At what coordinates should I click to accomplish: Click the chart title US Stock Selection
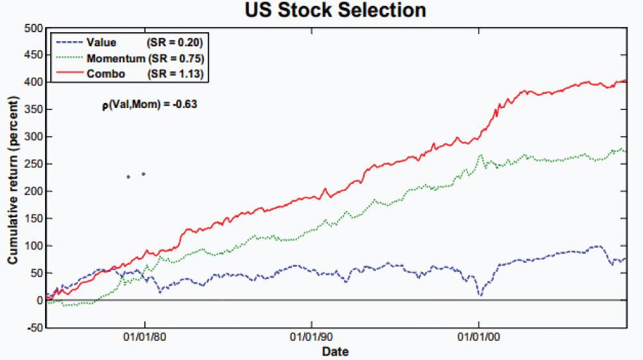click(x=336, y=10)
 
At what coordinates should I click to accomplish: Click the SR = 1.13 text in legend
click(x=176, y=74)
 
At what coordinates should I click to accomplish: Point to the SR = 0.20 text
click(x=175, y=42)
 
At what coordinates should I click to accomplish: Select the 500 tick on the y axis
click(x=33, y=28)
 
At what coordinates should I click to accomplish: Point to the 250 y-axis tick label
click(x=33, y=163)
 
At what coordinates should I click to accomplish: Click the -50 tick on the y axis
click(x=34, y=327)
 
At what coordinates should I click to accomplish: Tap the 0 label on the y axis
click(x=39, y=300)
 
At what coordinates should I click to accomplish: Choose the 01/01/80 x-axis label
click(x=144, y=337)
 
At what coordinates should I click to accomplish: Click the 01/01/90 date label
click(x=311, y=337)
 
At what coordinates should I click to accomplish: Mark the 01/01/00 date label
click(x=479, y=337)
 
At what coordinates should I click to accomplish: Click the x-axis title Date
click(x=336, y=352)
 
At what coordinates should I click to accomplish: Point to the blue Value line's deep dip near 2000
click(x=480, y=294)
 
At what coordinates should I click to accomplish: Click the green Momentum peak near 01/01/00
click(x=480, y=155)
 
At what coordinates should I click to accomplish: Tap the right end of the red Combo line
click(x=626, y=80)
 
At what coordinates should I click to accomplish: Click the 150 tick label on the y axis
click(x=33, y=218)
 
